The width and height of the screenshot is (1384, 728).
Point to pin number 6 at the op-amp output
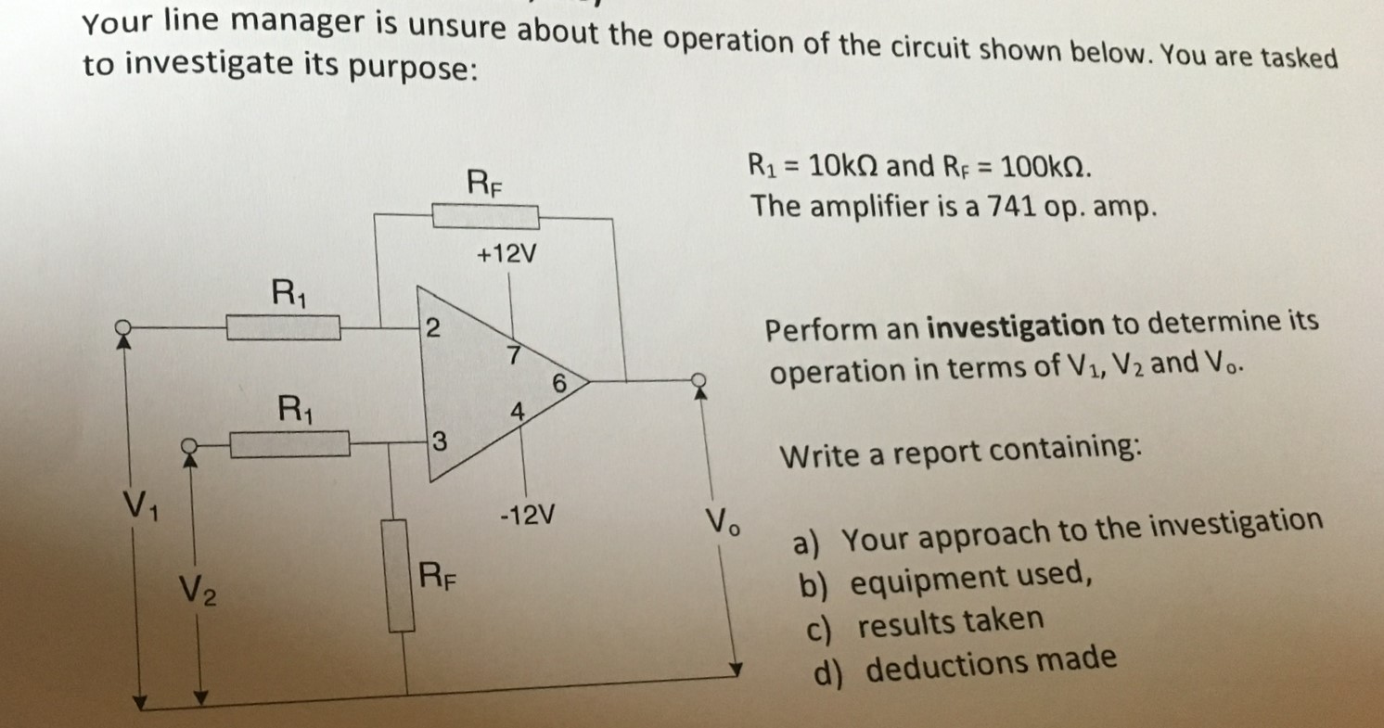tap(558, 382)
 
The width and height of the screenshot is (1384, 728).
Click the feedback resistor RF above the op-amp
tap(487, 217)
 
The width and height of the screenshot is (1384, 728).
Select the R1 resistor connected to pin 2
tap(284, 327)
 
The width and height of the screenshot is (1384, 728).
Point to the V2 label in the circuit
tap(198, 587)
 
